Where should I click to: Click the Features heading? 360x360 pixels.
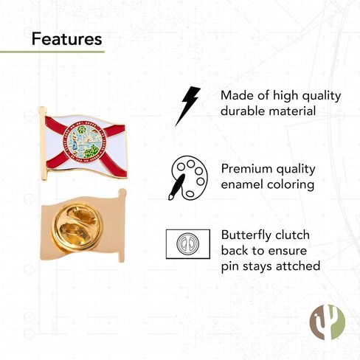(x=66, y=39)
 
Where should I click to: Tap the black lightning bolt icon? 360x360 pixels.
(x=187, y=106)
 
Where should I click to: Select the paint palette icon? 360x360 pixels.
(x=188, y=178)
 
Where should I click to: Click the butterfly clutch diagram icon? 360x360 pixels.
(x=188, y=244)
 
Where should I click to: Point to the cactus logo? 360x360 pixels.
(x=328, y=322)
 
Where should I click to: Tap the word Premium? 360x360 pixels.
(x=246, y=169)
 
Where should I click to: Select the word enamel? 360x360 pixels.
(x=242, y=184)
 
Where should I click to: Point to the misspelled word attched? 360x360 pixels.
(x=298, y=266)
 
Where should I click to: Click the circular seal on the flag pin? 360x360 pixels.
(x=85, y=142)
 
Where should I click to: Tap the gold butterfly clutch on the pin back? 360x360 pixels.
(x=76, y=226)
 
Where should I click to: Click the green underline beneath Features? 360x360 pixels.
(x=52, y=52)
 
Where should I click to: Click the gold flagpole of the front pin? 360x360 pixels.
(x=44, y=143)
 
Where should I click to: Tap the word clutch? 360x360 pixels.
(x=292, y=235)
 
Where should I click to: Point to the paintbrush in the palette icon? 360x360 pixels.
(x=177, y=187)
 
